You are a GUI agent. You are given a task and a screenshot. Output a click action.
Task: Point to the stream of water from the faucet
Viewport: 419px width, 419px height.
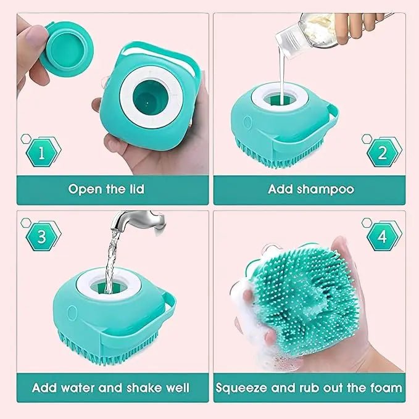coord(112,259)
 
